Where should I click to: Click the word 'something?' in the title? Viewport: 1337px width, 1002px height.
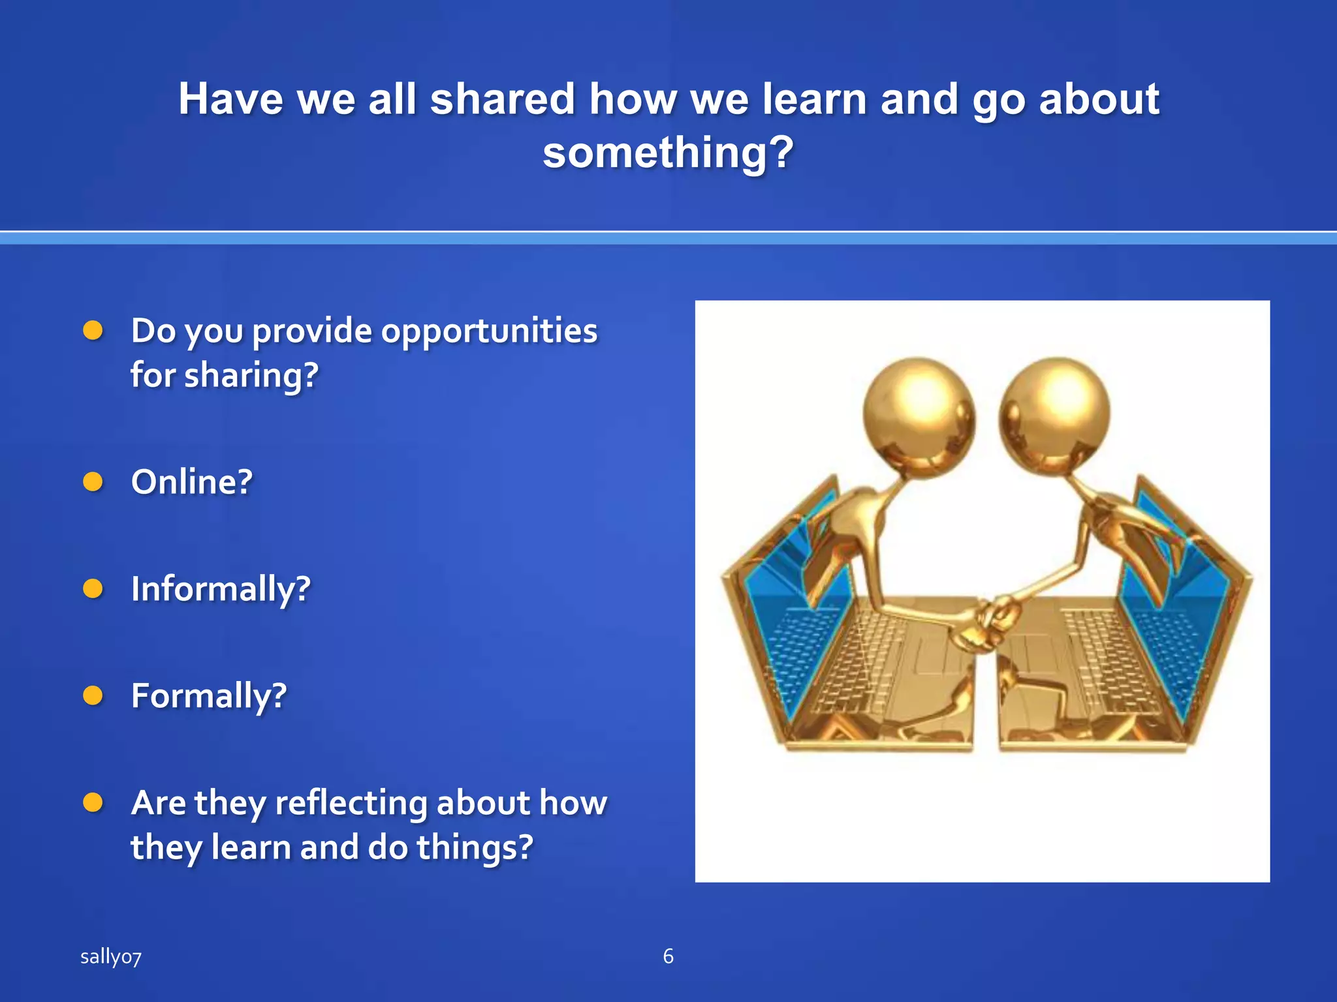(668, 153)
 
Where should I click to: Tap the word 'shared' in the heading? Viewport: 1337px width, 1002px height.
(502, 99)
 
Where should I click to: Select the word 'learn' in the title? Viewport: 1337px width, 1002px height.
(815, 99)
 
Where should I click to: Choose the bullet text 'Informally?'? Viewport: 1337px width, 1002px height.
(221, 589)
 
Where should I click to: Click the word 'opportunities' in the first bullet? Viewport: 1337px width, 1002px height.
(489, 331)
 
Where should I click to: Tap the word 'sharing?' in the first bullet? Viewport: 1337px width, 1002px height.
(251, 376)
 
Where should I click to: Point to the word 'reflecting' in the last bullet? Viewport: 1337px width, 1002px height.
(351, 803)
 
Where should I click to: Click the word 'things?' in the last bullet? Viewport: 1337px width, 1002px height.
(475, 847)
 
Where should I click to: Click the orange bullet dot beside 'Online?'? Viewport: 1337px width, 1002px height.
(93, 482)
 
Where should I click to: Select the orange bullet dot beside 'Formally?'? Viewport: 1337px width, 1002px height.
(93, 696)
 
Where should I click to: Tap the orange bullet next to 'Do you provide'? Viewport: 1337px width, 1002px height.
(93, 331)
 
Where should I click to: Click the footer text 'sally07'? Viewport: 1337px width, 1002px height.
(111, 957)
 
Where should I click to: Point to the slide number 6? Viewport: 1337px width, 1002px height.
(668, 956)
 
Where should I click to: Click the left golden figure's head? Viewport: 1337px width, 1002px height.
(919, 412)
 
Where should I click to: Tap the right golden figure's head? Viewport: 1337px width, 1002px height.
(1054, 412)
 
